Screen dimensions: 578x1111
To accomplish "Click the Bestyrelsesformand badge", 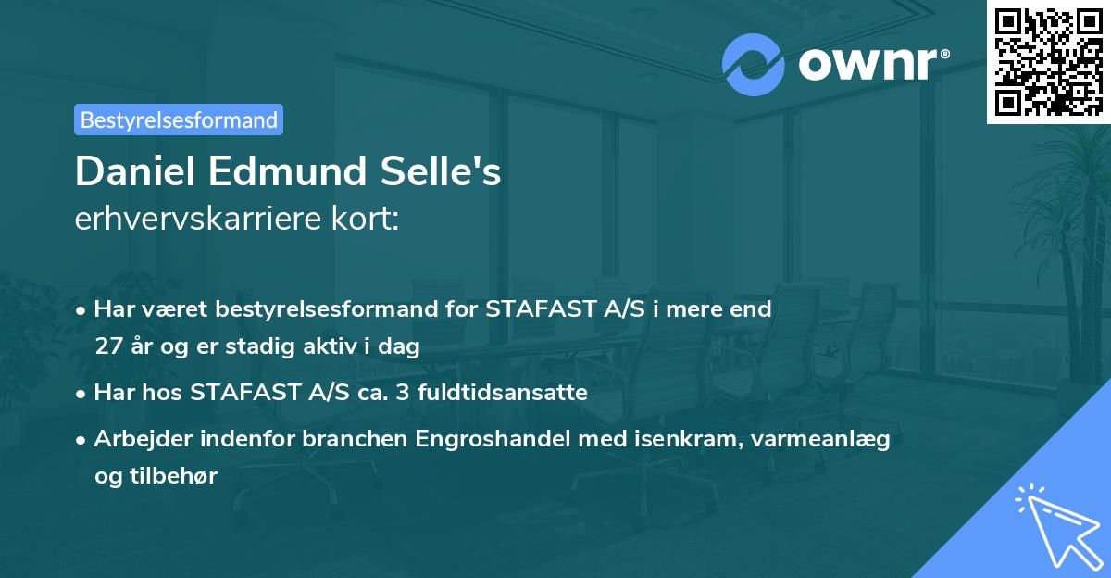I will (179, 119).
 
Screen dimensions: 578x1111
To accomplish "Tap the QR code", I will (1048, 61).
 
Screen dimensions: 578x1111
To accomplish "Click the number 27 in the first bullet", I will (106, 346).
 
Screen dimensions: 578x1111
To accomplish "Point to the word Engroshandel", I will (498, 439).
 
